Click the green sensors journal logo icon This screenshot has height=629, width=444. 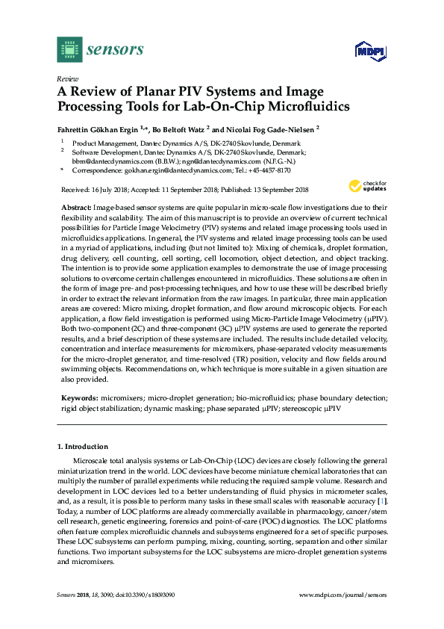69,50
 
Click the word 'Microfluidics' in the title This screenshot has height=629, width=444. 287,107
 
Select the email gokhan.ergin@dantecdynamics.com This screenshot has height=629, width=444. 178,170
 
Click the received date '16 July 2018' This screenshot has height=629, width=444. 108,190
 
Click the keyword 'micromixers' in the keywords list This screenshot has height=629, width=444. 121,399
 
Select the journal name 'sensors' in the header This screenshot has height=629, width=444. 115,50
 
